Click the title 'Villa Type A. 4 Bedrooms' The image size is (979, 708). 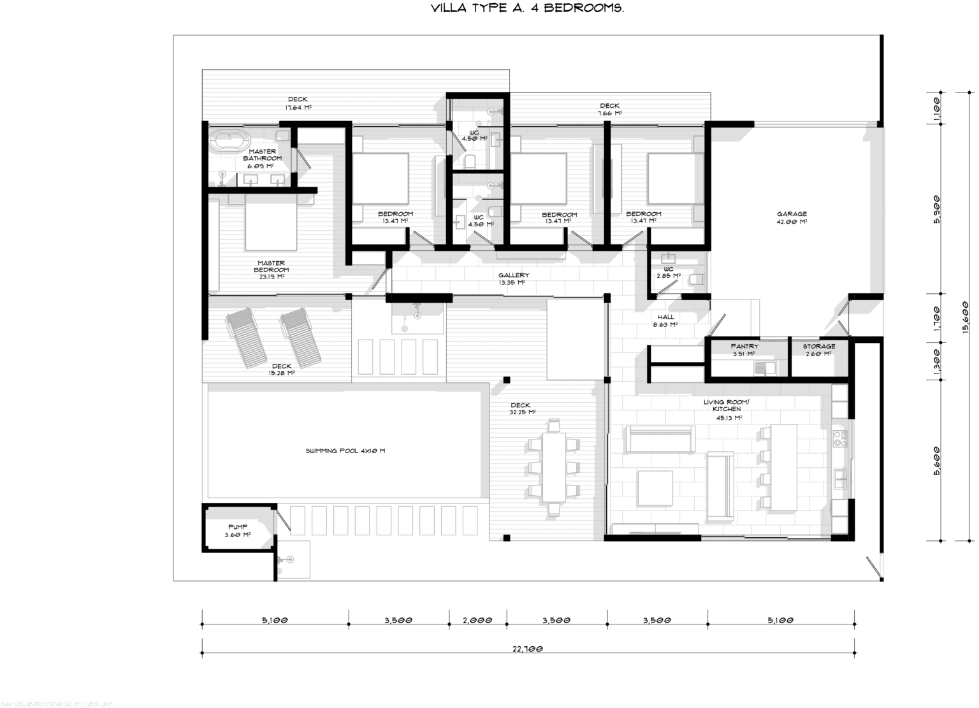tap(526, 9)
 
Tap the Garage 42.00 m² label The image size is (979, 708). tap(792, 218)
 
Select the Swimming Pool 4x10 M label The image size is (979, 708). tap(345, 451)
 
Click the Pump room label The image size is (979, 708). tap(237, 531)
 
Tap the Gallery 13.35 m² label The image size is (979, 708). tap(514, 278)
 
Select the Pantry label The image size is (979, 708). tap(744, 349)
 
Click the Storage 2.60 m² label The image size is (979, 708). tap(818, 349)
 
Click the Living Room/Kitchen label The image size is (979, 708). tap(727, 409)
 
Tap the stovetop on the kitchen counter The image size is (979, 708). tap(840, 438)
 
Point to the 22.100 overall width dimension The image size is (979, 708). tap(528, 649)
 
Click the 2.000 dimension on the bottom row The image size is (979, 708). tap(478, 619)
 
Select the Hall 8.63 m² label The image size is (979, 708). tap(665, 321)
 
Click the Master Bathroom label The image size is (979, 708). tap(262, 158)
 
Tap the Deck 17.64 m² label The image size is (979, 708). tap(298, 103)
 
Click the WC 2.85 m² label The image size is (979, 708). tap(669, 273)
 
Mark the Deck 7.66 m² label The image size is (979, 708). tap(609, 109)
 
